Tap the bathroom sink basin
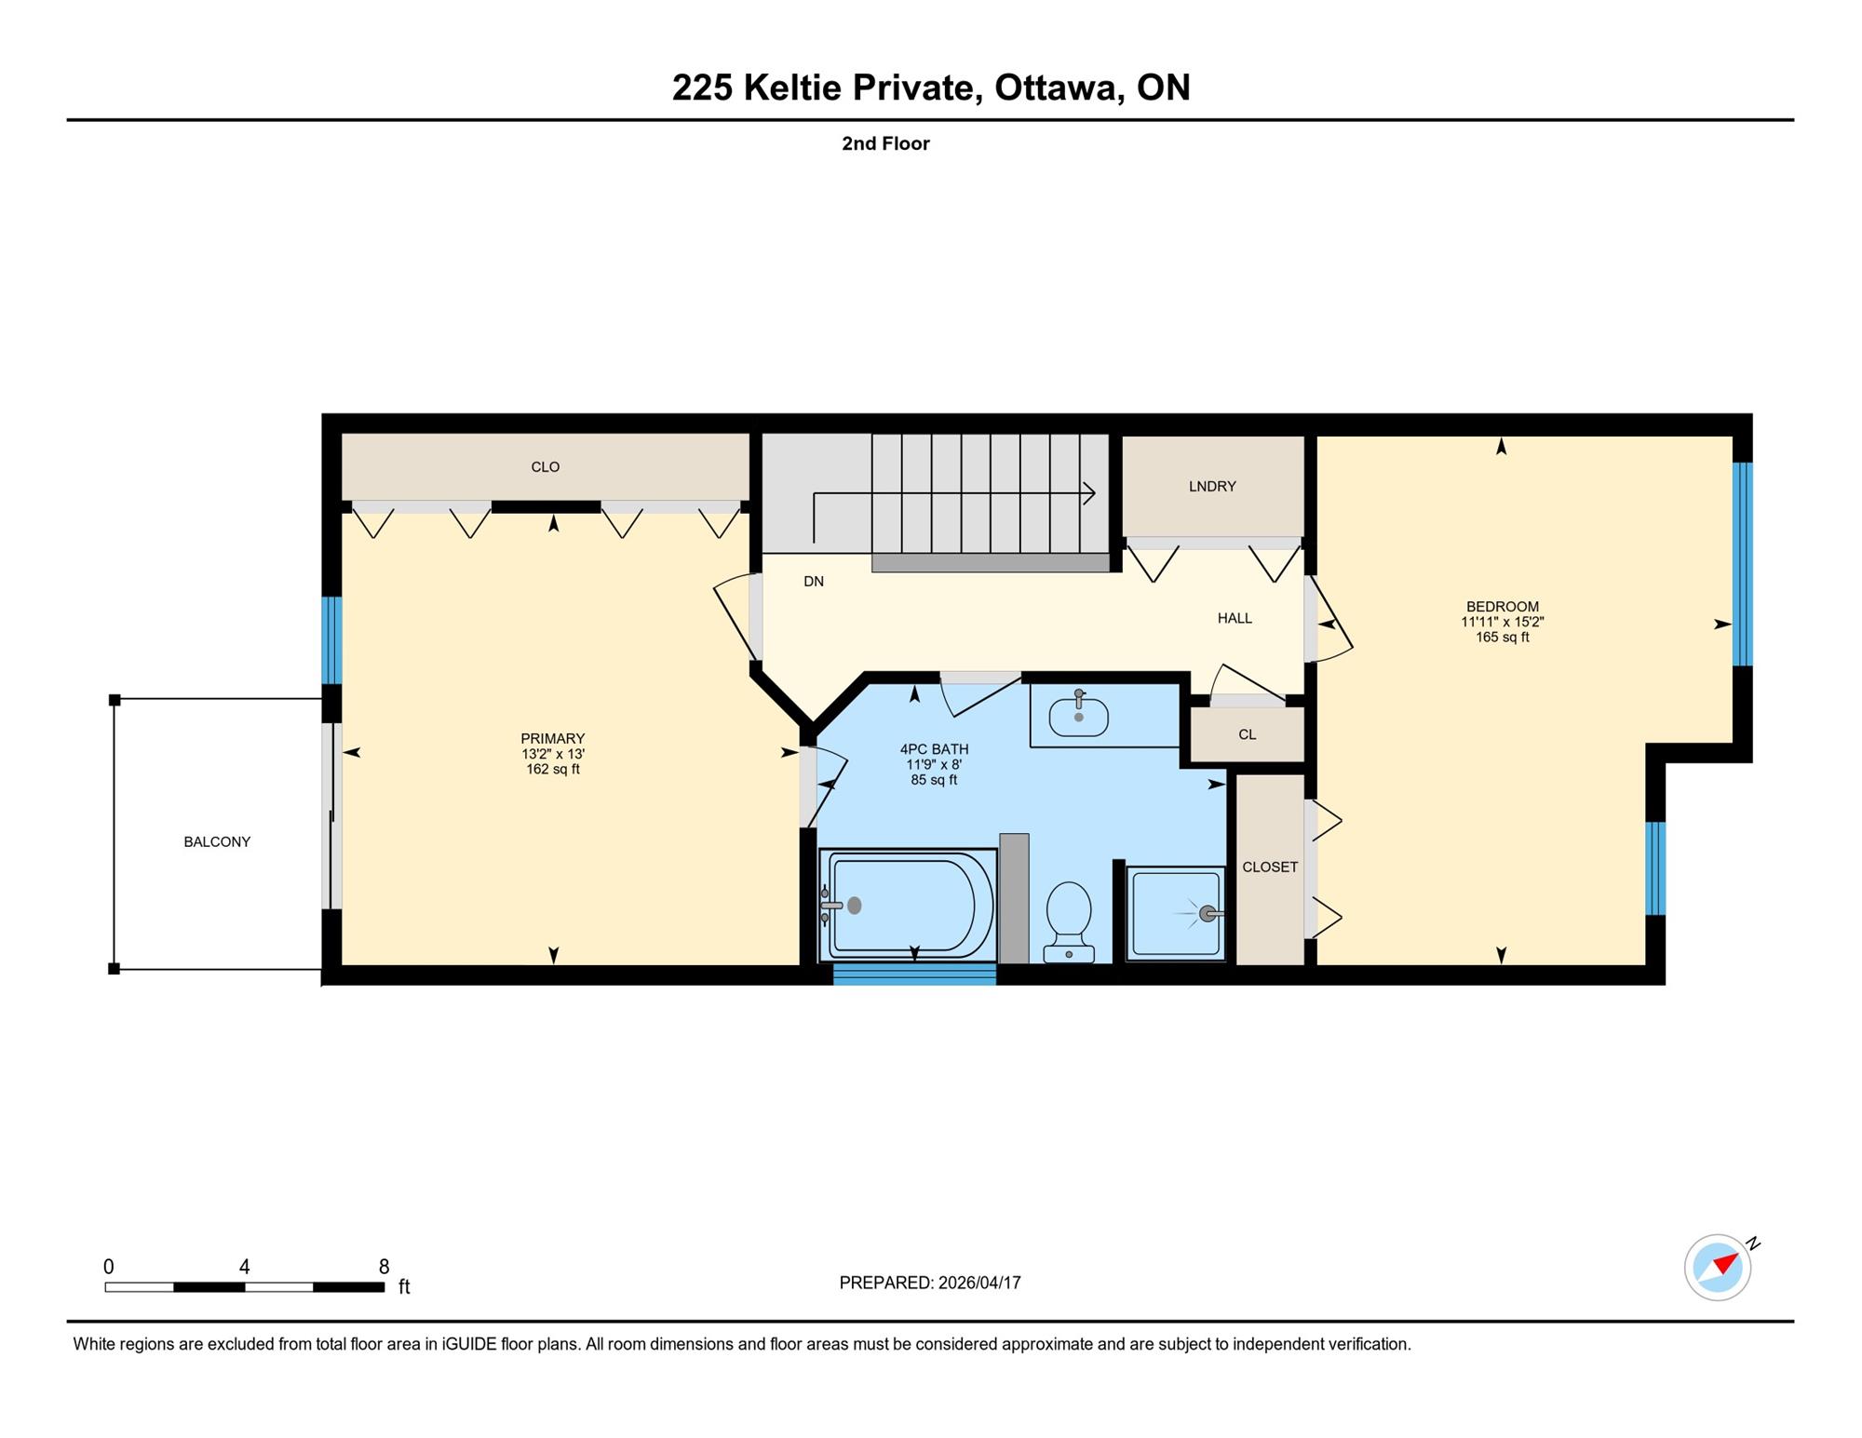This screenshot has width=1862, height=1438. [x=1078, y=716]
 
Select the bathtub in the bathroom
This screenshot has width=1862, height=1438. [x=907, y=905]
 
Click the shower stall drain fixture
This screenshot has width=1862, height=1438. [x=1208, y=914]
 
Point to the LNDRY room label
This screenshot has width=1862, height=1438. [x=1212, y=486]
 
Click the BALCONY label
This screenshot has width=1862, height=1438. [x=217, y=841]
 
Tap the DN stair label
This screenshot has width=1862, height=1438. [x=814, y=581]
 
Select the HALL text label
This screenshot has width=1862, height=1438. [x=1235, y=618]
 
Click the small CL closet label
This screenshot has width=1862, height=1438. [x=1248, y=734]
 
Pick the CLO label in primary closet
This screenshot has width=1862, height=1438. [x=545, y=466]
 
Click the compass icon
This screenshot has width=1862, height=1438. [x=1718, y=1267]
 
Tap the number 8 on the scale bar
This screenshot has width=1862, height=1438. [x=384, y=1266]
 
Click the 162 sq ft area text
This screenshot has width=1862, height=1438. [x=553, y=770]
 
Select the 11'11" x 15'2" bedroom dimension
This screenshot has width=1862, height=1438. [x=1503, y=622]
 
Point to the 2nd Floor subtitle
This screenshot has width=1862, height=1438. [x=885, y=143]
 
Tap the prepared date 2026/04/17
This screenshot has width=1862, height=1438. [x=979, y=1283]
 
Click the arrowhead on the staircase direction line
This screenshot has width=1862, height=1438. [x=1088, y=493]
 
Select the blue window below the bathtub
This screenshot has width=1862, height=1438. [x=914, y=974]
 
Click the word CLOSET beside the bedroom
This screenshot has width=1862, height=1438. [x=1270, y=867]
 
